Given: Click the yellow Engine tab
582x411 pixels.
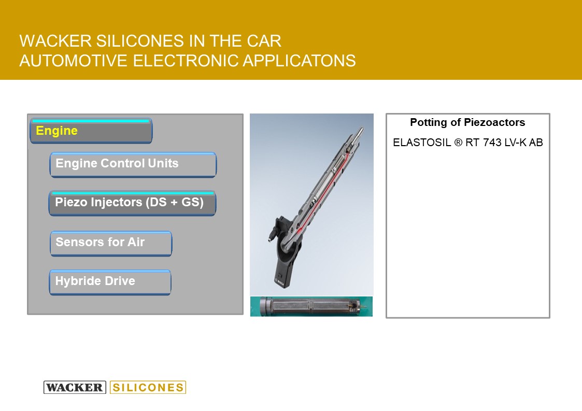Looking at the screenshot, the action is pos(91,131).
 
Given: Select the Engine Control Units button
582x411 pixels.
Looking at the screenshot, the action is pos(133,164).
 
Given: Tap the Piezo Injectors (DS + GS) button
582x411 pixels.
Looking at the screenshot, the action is pos(132,203).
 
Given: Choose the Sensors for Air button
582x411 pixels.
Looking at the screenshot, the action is pos(111,243).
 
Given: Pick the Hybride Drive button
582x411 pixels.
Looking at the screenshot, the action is pos(110,282).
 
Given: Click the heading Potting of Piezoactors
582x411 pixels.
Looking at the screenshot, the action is pos(467,122).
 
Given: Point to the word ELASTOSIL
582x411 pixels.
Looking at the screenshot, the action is pos(422,143).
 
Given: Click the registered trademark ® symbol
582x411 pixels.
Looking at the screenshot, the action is pos(458,143).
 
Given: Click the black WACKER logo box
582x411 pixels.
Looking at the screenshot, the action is pos(75,387).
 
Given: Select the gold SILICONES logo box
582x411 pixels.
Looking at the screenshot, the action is pos(148,387).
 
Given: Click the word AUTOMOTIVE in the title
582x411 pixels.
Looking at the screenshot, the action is pos(74,61).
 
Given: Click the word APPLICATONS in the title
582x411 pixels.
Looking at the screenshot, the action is pos(300,61).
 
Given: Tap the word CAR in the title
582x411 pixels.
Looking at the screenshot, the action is pos(264,41).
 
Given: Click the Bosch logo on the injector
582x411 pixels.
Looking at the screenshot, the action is pos(279,281).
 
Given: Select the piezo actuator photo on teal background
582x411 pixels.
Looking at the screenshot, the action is pos(311,306).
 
